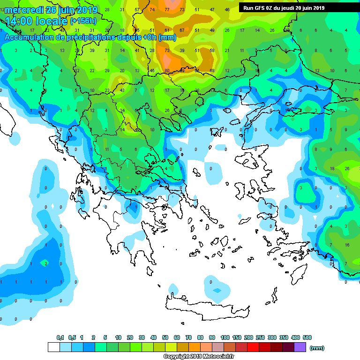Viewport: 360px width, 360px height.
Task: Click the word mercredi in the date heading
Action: (x=26, y=10)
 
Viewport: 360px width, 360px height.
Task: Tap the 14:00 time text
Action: (x=21, y=21)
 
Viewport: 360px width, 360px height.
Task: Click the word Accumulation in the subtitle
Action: (x=28, y=37)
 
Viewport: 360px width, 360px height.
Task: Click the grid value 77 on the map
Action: (x=167, y=10)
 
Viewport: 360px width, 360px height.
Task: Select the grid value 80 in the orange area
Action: (x=167, y=70)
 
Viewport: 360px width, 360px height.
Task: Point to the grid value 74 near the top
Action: (x=152, y=10)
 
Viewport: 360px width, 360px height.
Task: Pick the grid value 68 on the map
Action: (x=212, y=70)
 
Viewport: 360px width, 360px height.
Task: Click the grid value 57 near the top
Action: (x=137, y=10)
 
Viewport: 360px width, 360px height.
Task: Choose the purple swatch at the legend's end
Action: (x=300, y=347)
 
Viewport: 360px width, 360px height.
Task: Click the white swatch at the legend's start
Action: (x=53, y=347)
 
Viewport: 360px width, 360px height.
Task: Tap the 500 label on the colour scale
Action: (x=307, y=337)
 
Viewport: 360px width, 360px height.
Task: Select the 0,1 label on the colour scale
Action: (x=60, y=337)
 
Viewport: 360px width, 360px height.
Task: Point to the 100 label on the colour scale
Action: (x=225, y=337)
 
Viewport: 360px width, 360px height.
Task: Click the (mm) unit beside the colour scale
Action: (x=317, y=348)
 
